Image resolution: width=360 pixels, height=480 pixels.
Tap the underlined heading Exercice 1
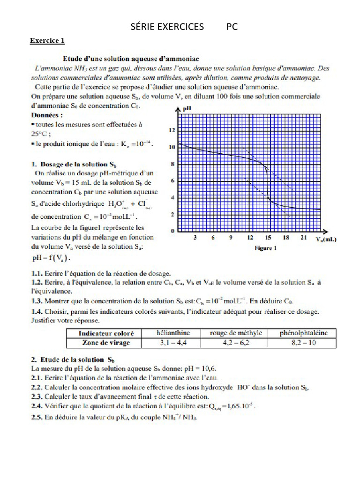coord(47,40)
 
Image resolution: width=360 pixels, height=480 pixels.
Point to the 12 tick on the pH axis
coord(172,130)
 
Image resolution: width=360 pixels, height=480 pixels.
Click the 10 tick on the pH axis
coord(172,147)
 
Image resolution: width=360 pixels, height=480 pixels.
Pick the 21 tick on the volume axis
coord(304,238)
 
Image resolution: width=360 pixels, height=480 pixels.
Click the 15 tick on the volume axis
coord(267,238)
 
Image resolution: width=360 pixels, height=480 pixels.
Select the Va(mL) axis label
coord(326,239)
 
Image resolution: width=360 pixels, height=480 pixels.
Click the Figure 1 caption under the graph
coord(266,248)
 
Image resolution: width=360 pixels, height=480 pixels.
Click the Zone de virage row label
coord(104,343)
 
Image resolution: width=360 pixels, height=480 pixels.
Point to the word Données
coord(47,114)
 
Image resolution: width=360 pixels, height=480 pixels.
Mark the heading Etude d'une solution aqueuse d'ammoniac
coord(131,59)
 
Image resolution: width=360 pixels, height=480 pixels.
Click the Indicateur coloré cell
coord(104,333)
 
